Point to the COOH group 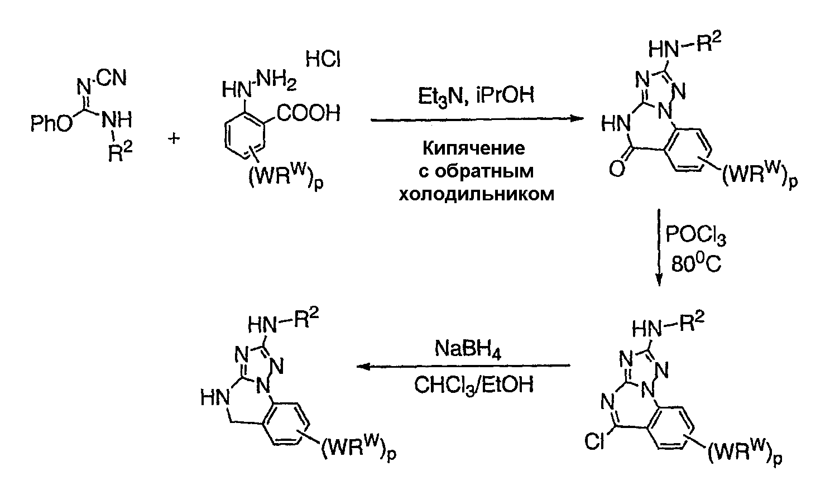click(309, 115)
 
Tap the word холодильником click(476, 195)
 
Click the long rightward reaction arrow click(474, 119)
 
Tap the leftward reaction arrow click(463, 367)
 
